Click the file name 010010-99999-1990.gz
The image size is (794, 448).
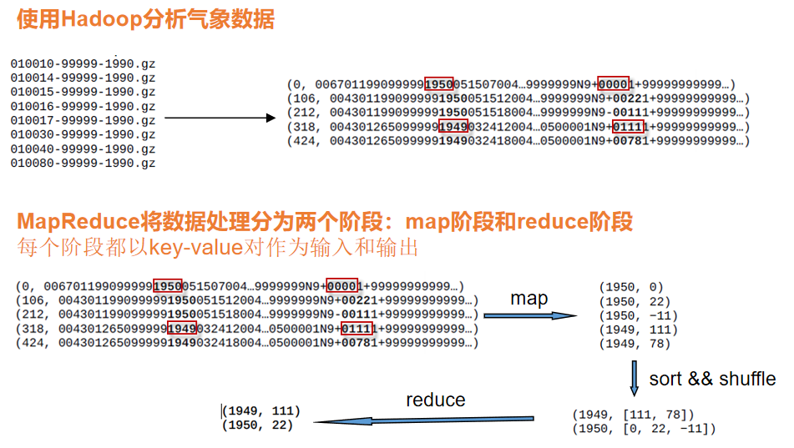tap(83, 63)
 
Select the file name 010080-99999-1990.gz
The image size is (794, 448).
tap(83, 163)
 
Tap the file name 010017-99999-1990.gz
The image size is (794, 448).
tap(83, 120)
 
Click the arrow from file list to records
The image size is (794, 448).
tap(220, 118)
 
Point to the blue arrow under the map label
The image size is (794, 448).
tap(530, 315)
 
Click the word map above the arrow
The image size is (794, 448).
tap(528, 298)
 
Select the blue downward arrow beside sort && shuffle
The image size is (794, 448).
tap(635, 378)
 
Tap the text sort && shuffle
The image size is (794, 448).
tap(712, 378)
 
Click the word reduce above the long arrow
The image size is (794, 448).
tap(435, 400)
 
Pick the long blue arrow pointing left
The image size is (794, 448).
tap(424, 420)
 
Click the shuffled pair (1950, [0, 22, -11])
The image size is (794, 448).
tap(644, 429)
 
